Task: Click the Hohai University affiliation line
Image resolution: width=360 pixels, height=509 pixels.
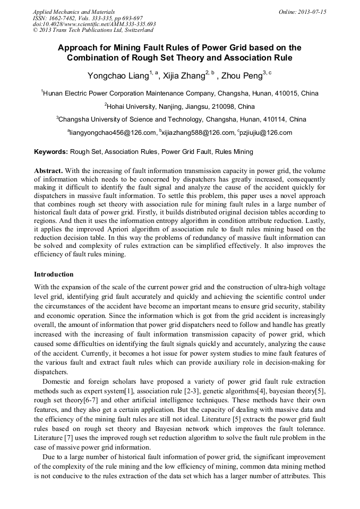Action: (x=179, y=106)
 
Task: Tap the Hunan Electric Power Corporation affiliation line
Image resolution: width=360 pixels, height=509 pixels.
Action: (x=179, y=93)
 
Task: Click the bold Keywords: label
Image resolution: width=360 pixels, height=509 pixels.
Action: (x=51, y=152)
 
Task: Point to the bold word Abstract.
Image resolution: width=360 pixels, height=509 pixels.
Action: (x=48, y=171)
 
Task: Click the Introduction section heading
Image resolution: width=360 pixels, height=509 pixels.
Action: (x=54, y=274)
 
